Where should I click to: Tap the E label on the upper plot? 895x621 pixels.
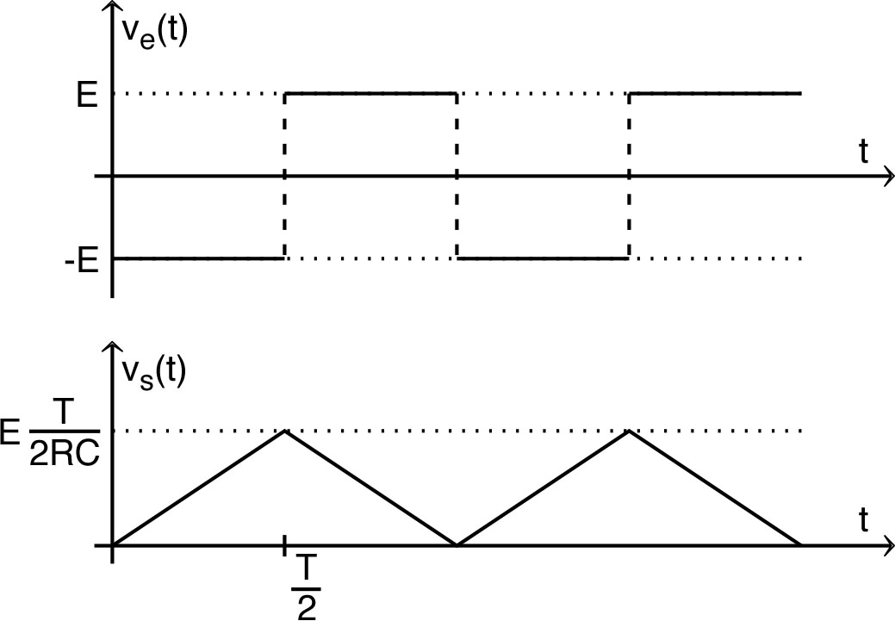pyautogui.click(x=86, y=95)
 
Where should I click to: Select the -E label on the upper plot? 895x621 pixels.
pyautogui.click(x=80, y=259)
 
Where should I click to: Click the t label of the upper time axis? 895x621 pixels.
pyautogui.click(x=863, y=152)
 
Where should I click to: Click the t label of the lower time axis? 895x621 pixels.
pyautogui.click(x=863, y=521)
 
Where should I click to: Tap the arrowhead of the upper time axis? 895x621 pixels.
pyautogui.click(x=886, y=177)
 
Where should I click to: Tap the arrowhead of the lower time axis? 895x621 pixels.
pyautogui.click(x=886, y=545)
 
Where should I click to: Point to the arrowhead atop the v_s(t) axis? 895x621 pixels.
pyautogui.click(x=111, y=347)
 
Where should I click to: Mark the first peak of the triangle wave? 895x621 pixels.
pyautogui.click(x=284, y=430)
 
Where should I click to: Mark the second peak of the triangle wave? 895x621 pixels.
pyautogui.click(x=630, y=430)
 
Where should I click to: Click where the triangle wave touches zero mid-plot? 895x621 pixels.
pyautogui.click(x=457, y=544)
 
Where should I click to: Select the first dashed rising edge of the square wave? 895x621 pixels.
pyautogui.click(x=284, y=176)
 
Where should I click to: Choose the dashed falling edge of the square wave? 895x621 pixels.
pyautogui.click(x=457, y=176)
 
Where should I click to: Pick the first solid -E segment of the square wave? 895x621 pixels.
pyautogui.click(x=197, y=258)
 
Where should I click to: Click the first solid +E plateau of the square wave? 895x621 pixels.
pyautogui.click(x=370, y=93)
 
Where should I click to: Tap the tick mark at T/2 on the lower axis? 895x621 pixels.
pyautogui.click(x=284, y=545)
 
